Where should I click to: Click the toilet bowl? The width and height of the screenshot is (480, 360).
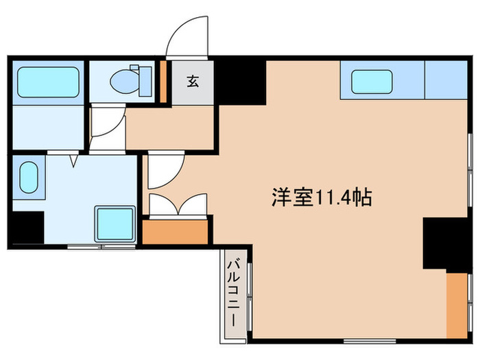[125, 81]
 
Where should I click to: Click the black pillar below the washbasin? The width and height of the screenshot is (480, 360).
[27, 228]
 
